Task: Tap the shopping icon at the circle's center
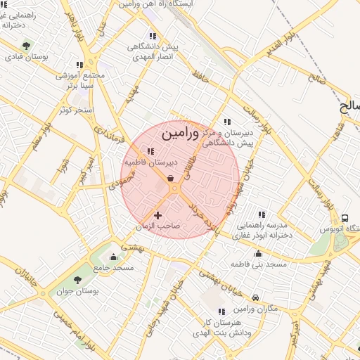pyautogui.click(x=172, y=179)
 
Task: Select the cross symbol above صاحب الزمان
pyautogui.click(x=157, y=215)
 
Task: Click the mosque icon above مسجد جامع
pyautogui.click(x=113, y=257)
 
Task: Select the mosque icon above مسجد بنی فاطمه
pyautogui.click(x=258, y=253)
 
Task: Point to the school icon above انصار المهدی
pyautogui.click(x=153, y=36)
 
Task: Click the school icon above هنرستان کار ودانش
pyautogui.click(x=221, y=311)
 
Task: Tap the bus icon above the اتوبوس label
pyautogui.click(x=345, y=219)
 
